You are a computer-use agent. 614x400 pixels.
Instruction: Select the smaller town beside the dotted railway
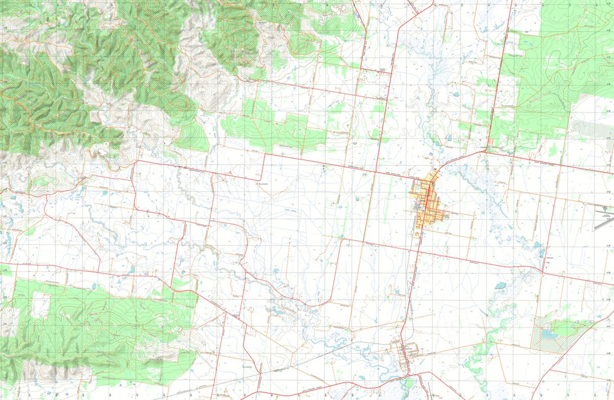[x=407, y=350]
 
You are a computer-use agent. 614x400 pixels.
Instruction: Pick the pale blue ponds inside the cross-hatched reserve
[x=547, y=335]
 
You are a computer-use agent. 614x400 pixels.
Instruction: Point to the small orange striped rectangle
[x=490, y=141]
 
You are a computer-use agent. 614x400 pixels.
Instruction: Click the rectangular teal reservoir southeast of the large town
[x=500, y=285]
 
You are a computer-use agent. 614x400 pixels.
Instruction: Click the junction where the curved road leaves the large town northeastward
[x=439, y=169]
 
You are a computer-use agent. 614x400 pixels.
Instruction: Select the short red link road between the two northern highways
[x=376, y=69]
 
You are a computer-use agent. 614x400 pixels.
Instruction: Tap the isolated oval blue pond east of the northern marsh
[x=455, y=94]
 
